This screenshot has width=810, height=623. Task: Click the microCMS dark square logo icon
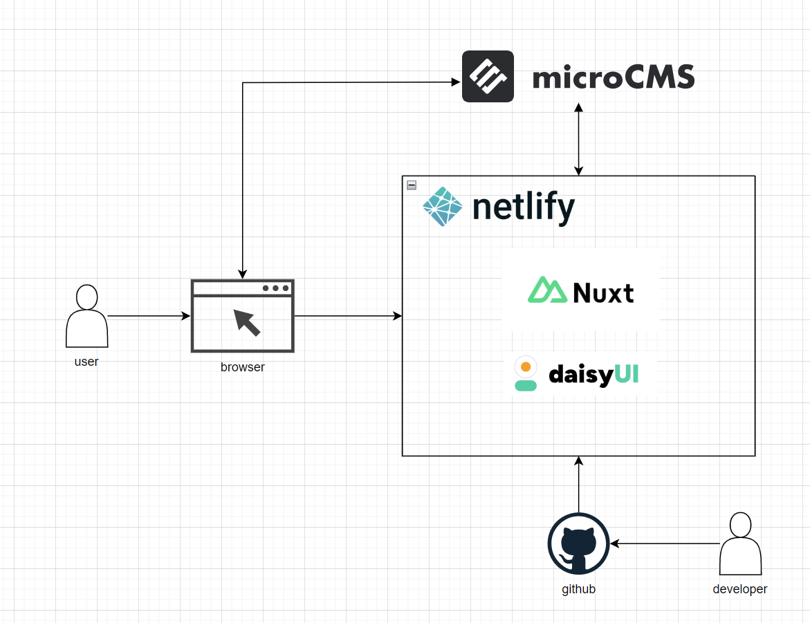point(488,76)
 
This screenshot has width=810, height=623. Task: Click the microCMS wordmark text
point(613,77)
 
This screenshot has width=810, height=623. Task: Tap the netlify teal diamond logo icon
point(442,207)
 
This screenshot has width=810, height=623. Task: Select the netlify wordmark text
point(524,207)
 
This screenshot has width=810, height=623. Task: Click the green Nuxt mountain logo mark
point(548,291)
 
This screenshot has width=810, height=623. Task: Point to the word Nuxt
point(603,293)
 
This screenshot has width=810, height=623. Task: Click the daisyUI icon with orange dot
point(526,373)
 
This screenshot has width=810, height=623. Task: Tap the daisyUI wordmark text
point(593,375)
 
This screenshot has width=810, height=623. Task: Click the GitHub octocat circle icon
point(578,543)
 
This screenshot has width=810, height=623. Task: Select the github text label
point(578,589)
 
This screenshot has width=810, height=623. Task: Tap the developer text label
point(740,589)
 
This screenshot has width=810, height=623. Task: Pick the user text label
point(86,362)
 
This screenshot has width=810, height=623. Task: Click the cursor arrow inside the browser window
point(246,322)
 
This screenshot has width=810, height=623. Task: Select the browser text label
point(242,367)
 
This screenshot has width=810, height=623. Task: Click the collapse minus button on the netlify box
point(412,185)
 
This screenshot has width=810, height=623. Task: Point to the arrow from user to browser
point(149,316)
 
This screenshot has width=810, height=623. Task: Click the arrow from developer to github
point(664,543)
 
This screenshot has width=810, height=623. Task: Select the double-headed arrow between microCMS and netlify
point(579,139)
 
